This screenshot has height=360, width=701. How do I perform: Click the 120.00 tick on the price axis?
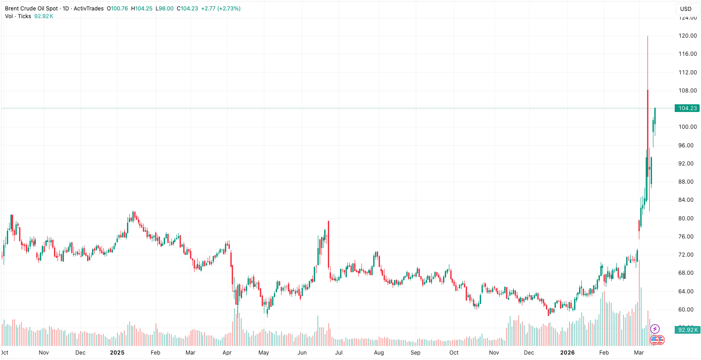tap(687, 36)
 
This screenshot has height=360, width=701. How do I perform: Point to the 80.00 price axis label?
tap(687, 218)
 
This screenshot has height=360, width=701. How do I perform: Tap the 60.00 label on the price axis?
tap(687, 310)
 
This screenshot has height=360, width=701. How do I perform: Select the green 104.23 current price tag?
tap(687, 108)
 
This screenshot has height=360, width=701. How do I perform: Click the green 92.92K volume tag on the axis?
tap(688, 330)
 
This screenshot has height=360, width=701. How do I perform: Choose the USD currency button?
tap(686, 9)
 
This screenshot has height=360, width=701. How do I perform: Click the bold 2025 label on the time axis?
tap(117, 352)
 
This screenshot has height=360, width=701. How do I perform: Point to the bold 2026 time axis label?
tap(567, 352)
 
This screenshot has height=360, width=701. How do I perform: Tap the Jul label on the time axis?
tap(338, 352)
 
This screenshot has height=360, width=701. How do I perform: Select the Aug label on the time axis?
tap(379, 352)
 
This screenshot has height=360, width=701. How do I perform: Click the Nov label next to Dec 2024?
tap(44, 352)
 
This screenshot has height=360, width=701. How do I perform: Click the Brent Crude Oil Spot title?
tap(31, 9)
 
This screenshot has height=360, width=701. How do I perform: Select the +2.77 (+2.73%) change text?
tap(221, 9)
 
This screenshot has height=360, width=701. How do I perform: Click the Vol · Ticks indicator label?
tap(18, 16)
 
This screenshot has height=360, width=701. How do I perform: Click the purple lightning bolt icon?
tap(655, 329)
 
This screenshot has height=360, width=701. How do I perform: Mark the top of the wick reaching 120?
tap(647, 36)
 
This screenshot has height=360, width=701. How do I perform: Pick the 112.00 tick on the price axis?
tap(687, 73)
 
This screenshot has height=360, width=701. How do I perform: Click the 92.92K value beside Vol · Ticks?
tap(44, 16)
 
